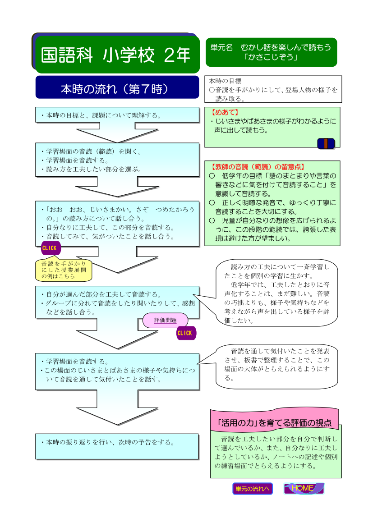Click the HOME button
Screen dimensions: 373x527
(304, 488)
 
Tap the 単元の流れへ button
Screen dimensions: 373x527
(252, 489)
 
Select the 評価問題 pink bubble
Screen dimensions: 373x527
(165, 320)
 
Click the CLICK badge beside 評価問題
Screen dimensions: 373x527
(186, 333)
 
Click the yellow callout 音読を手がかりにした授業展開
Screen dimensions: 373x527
(64, 270)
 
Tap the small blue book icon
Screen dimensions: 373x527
(326, 143)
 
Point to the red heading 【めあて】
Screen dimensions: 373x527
(225, 112)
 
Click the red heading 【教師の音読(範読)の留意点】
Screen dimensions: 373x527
(258, 167)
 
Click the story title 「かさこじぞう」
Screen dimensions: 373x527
(271, 57)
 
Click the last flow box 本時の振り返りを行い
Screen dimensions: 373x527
(117, 446)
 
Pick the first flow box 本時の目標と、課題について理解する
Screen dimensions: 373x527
(117, 115)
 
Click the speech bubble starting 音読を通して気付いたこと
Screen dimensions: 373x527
(276, 367)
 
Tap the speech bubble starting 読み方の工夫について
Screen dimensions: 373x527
(276, 293)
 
